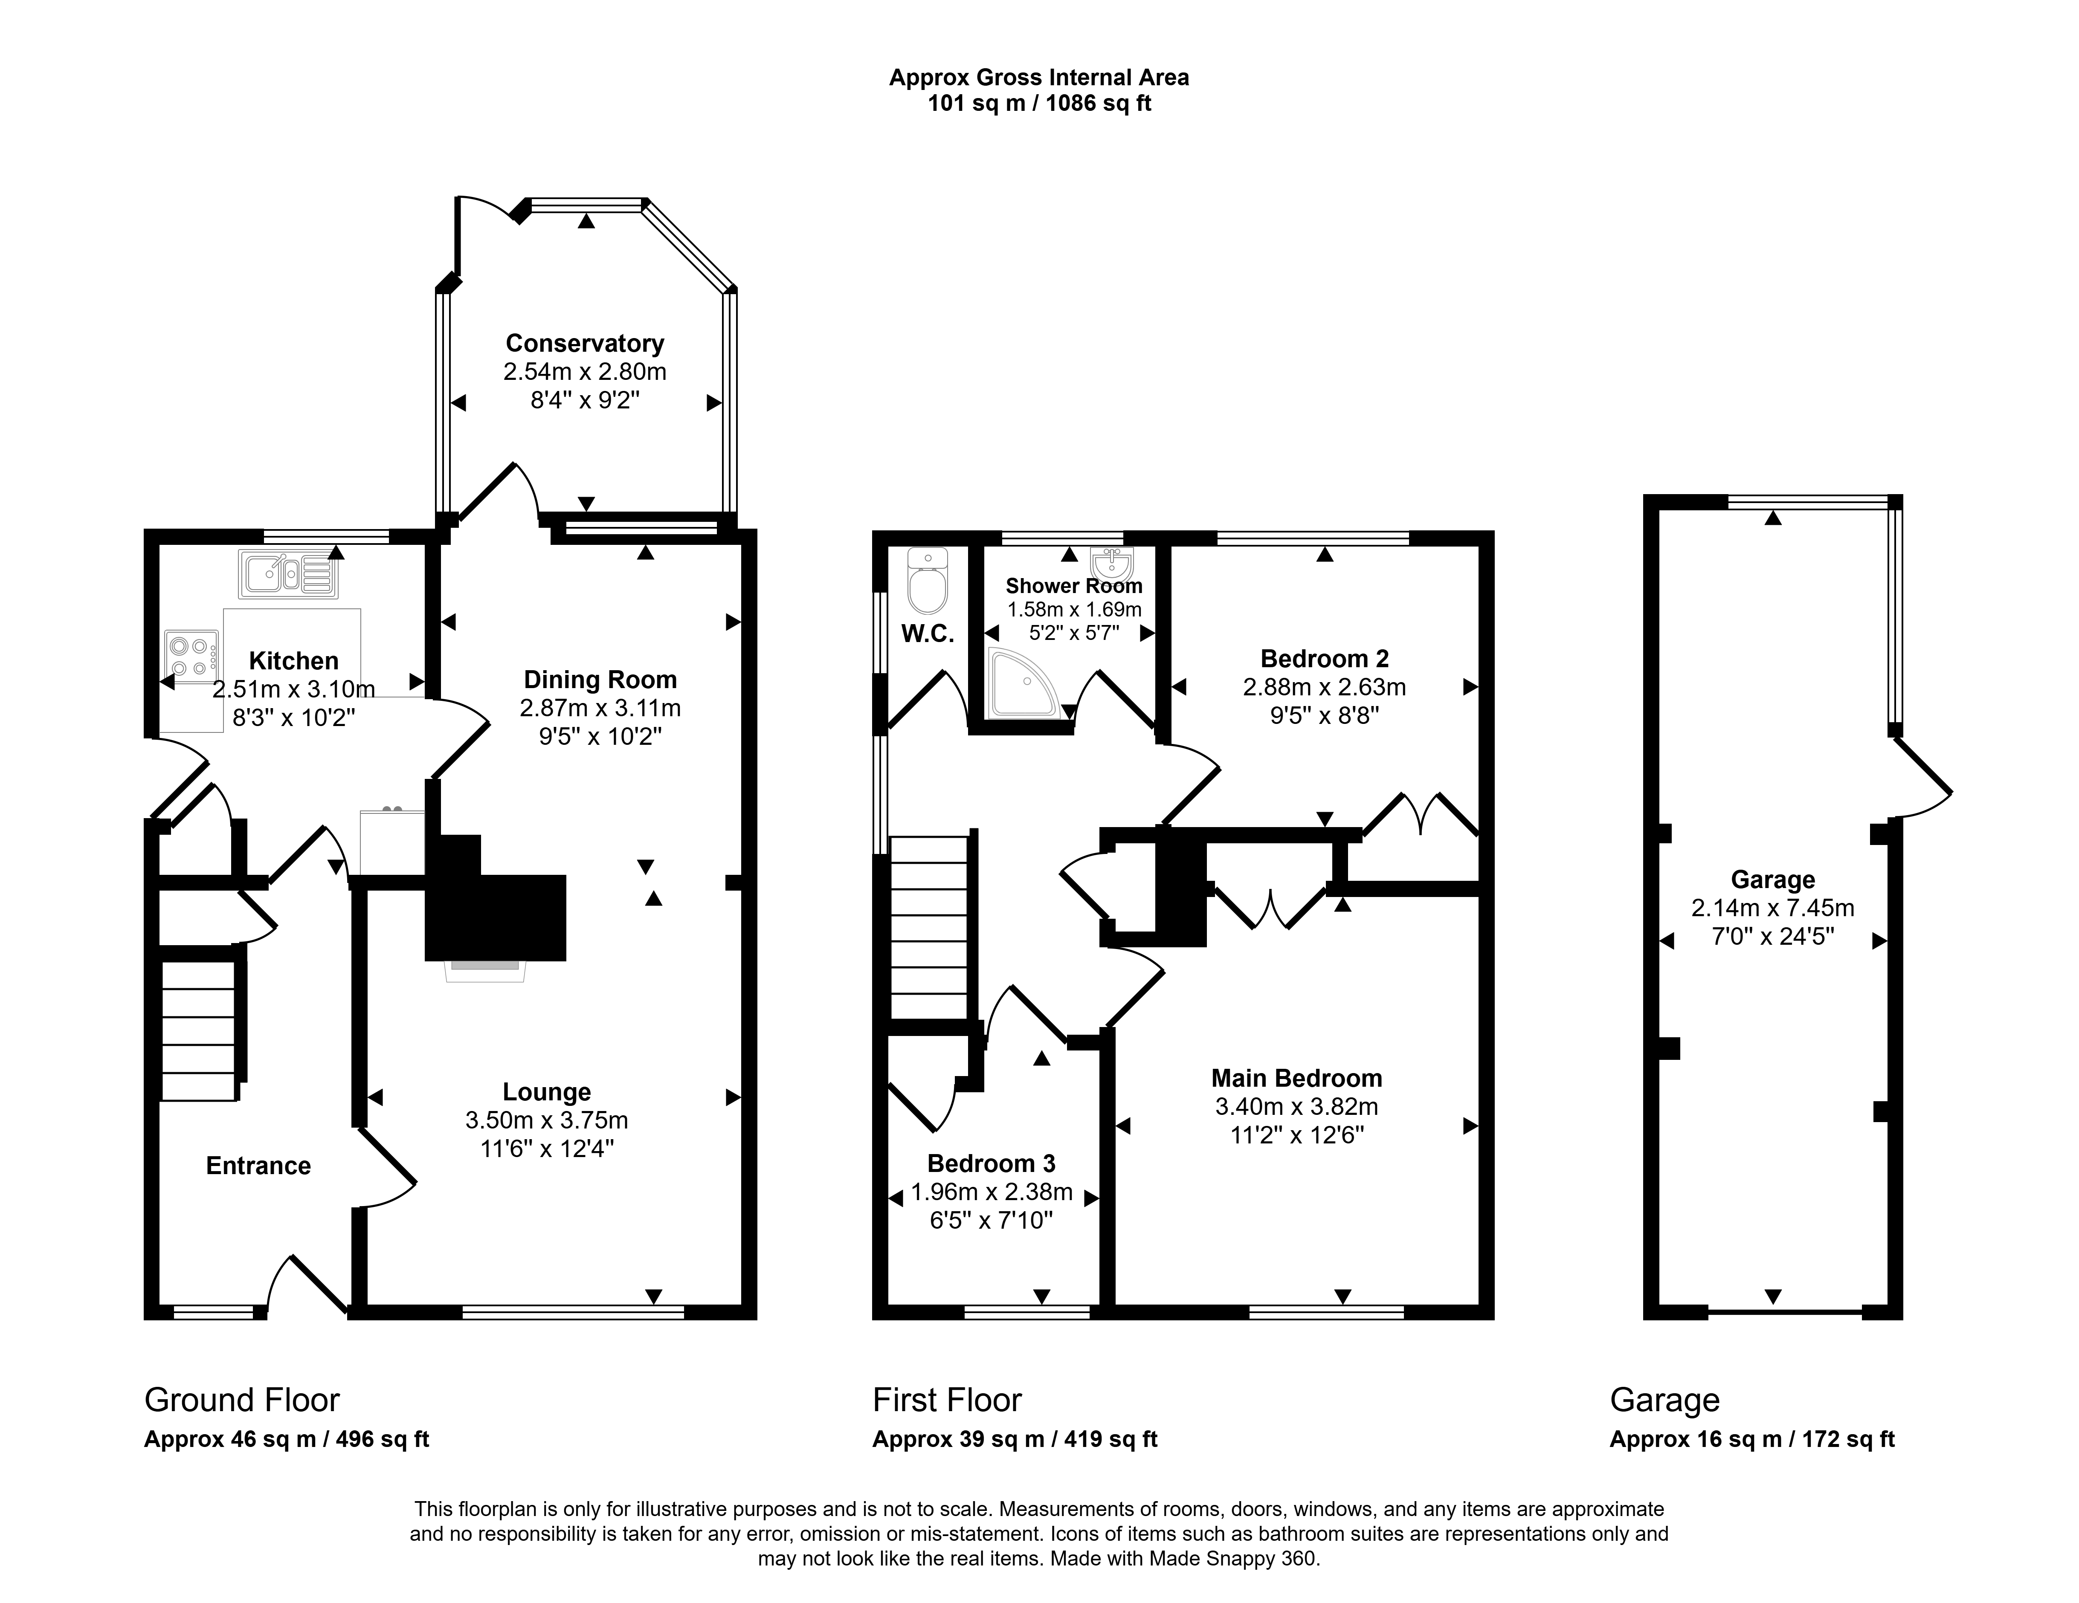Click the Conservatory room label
(585, 343)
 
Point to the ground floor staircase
(198, 1031)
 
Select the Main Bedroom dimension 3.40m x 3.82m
(1296, 1106)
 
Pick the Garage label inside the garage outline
(1772, 880)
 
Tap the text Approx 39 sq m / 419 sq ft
(1015, 1439)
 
